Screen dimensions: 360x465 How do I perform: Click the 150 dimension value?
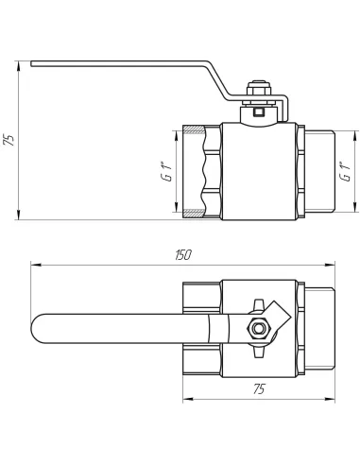[183, 255]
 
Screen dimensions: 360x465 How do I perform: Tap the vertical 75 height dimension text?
[9, 140]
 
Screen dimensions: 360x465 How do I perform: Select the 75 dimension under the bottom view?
[259, 389]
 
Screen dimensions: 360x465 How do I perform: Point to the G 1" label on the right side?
[345, 172]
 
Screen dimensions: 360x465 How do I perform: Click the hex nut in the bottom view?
[259, 329]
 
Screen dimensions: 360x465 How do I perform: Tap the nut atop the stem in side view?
[259, 89]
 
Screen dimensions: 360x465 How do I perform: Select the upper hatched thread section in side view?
[194, 129]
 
